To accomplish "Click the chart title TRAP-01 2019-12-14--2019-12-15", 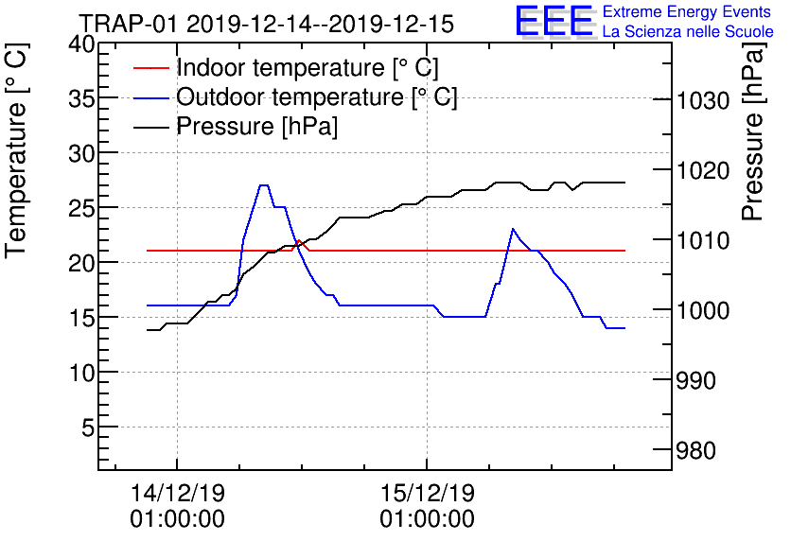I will point(266,23).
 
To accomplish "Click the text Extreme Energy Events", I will point(689,12).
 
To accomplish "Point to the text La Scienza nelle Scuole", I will point(688,31).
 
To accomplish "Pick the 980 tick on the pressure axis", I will point(708,449).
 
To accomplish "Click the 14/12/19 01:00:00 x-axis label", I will point(178,506).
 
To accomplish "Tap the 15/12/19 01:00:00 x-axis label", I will point(428,506).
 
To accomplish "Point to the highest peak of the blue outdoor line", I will point(264,185).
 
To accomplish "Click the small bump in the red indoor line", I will point(300,241).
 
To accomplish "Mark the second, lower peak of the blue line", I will point(513,229).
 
